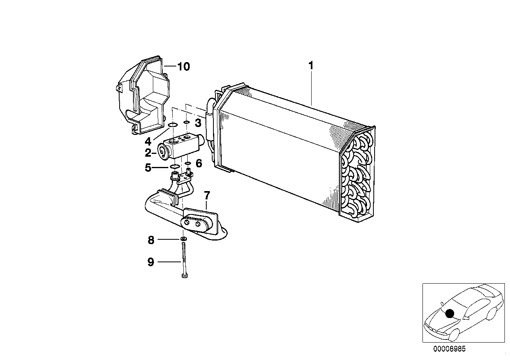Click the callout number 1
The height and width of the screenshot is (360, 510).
tap(311, 66)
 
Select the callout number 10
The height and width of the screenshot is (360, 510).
tap(183, 66)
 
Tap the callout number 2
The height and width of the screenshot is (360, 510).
tap(148, 153)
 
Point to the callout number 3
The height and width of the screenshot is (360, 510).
tap(198, 123)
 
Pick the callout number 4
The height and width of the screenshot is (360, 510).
tap(148, 141)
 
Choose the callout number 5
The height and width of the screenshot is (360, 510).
tap(148, 168)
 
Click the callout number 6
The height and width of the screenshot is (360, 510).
tap(199, 163)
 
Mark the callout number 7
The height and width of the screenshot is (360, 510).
tap(207, 195)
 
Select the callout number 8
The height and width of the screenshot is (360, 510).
tap(150, 240)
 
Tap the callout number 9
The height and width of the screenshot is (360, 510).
tap(150, 262)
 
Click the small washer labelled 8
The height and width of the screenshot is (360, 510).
tap(183, 239)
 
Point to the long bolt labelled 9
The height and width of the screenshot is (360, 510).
tap(184, 261)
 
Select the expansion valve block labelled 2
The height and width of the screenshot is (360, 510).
tap(180, 146)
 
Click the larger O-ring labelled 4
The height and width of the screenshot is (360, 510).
tap(173, 126)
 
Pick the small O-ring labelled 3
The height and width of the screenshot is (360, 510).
tap(186, 123)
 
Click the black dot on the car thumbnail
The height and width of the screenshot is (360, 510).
tap(449, 314)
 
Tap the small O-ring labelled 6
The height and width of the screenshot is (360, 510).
tap(188, 163)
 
